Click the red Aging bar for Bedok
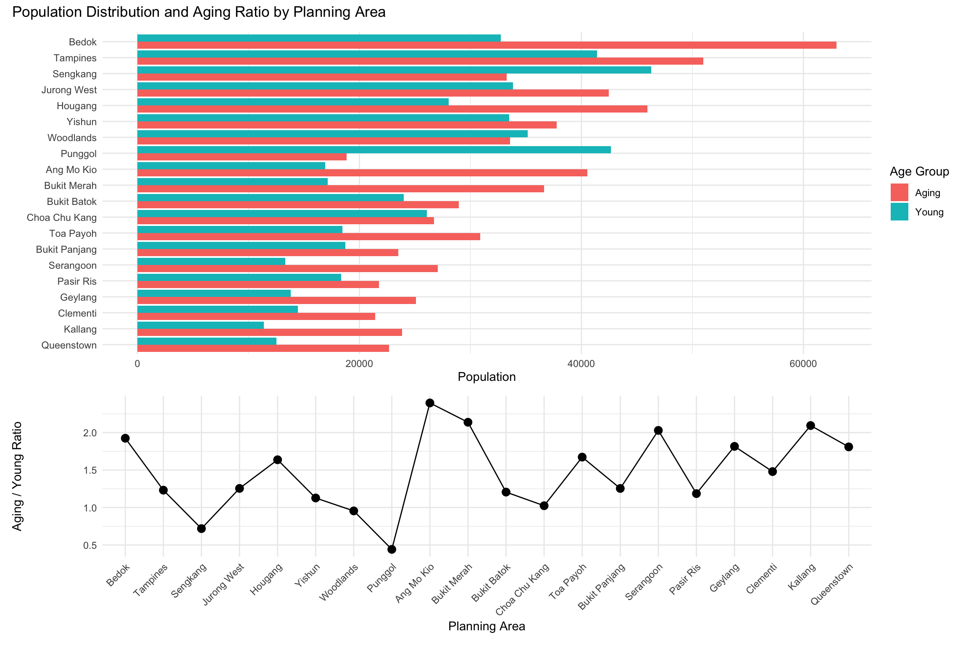(x=487, y=45)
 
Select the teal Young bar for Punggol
(x=374, y=150)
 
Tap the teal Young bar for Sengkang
(x=394, y=70)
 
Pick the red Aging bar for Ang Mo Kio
(x=362, y=173)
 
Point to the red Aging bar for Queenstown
(x=263, y=349)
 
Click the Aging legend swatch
(x=899, y=193)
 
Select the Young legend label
(x=929, y=212)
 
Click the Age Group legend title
(x=919, y=172)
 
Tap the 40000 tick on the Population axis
(x=581, y=364)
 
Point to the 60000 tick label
(x=803, y=364)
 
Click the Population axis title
(x=487, y=377)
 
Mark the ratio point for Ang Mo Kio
(x=430, y=403)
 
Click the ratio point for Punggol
(x=392, y=549)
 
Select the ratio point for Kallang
(x=810, y=425)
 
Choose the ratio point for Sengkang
(x=201, y=529)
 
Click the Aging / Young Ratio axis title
(x=17, y=477)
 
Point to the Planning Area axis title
(x=487, y=627)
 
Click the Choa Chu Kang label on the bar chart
(x=62, y=218)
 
